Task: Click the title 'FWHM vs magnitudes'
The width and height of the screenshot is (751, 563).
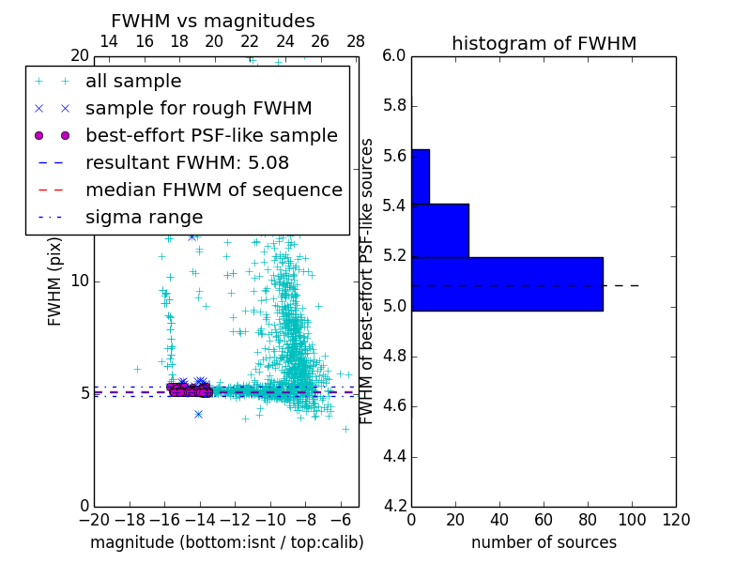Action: tap(213, 21)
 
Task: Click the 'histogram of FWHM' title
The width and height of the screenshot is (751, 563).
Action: tap(544, 43)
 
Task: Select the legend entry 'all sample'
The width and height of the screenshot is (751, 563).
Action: tap(133, 82)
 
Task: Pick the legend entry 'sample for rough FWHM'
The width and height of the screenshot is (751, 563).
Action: tap(198, 109)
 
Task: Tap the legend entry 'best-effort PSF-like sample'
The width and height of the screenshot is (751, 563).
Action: tap(211, 136)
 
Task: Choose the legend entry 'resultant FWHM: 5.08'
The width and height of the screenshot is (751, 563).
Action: tap(200, 163)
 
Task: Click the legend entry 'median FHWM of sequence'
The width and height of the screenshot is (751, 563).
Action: tap(213, 190)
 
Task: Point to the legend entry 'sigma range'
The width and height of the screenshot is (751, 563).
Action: tap(144, 218)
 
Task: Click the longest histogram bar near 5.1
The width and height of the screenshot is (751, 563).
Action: tap(507, 283)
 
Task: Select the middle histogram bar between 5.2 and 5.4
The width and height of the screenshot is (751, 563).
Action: tap(440, 230)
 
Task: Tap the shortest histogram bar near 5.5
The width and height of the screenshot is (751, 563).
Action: tap(421, 176)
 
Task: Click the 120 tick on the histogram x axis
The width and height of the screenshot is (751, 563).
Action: tap(676, 520)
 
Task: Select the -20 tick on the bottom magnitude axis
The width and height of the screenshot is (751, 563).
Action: tap(94, 520)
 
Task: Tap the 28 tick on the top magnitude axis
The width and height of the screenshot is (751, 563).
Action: tap(356, 41)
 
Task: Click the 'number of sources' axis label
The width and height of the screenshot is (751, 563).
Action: tap(544, 542)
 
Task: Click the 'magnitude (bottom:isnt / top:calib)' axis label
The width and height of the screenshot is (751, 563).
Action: tap(226, 542)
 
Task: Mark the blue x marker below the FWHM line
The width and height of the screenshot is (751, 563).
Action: tap(198, 414)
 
